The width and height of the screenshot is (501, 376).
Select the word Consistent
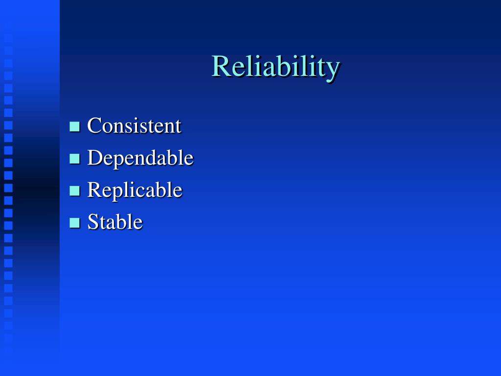coord(134,125)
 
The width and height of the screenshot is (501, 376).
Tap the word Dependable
coord(140,158)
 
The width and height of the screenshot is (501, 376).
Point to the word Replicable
coord(135,190)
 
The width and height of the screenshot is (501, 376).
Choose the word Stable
coord(114,222)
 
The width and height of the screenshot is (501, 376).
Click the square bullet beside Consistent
coord(74,127)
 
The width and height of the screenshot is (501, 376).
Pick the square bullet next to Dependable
coord(74,159)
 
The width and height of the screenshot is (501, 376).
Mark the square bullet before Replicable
coord(74,190)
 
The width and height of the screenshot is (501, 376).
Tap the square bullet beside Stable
coord(74,223)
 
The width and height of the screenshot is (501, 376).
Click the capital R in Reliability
coord(221,66)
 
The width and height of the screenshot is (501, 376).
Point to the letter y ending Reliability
coord(332,70)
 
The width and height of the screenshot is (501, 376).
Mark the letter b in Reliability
coord(283,66)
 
